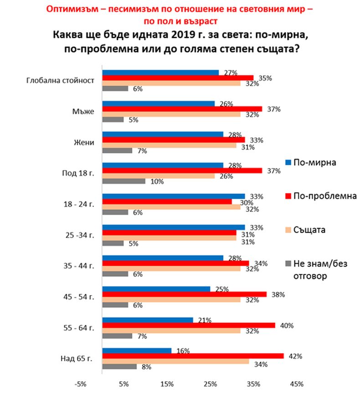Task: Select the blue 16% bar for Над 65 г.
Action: tap(137, 351)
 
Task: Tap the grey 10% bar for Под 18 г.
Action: tap(124, 181)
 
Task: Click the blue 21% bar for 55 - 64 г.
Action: tap(148, 320)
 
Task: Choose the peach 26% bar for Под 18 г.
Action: tap(158, 176)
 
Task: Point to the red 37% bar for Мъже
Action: tap(182, 108)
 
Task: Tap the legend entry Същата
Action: tap(309, 229)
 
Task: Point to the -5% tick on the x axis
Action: tap(81, 385)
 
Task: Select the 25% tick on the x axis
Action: tap(210, 385)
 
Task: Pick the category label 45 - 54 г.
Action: tap(81, 297)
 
